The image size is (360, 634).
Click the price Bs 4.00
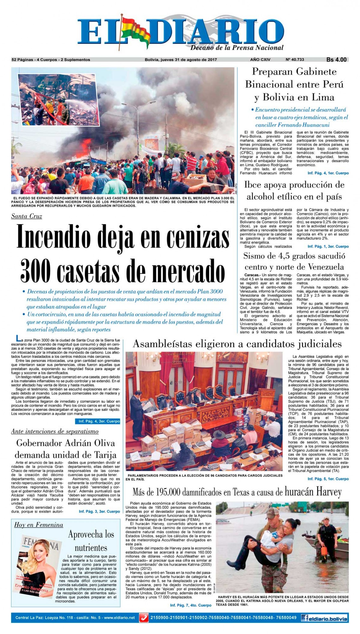336,60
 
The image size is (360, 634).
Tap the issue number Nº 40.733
295,60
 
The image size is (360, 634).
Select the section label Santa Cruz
26,216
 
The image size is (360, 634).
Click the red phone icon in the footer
144,618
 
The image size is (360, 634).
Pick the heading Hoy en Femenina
39,525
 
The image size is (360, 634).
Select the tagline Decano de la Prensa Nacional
237,47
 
